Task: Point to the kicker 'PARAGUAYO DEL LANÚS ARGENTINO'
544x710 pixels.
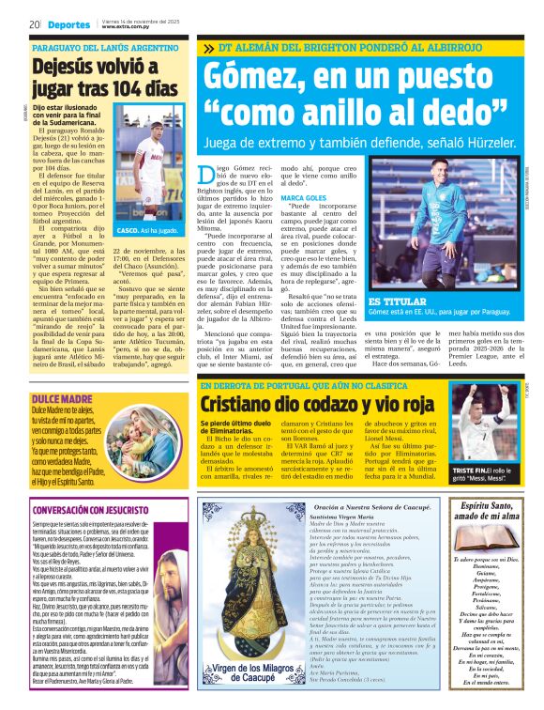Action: coord(99,47)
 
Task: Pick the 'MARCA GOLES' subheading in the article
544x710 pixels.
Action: coord(304,199)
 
